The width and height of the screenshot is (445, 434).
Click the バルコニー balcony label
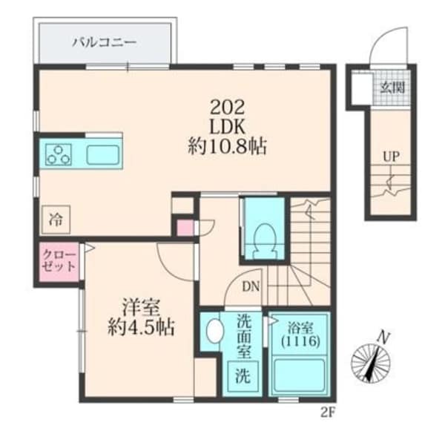pos(103,42)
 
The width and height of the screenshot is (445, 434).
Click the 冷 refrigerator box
pos(56,220)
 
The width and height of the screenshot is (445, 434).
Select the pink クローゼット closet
pos(59,260)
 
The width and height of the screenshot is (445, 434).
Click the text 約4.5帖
pos(138,327)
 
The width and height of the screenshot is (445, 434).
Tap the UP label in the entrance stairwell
pos(391,157)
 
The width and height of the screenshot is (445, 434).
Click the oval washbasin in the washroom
pos(214,332)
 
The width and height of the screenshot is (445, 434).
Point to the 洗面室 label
pos(243,335)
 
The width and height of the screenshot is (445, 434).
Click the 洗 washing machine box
pos(243,375)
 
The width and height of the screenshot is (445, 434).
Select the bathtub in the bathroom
pos(299,375)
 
